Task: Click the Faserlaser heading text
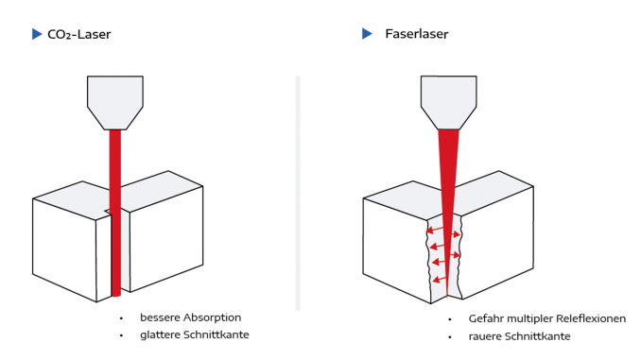click(x=416, y=35)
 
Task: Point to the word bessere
click(x=158, y=317)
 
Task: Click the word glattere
click(x=159, y=335)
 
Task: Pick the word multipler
click(x=535, y=318)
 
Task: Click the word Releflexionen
click(x=594, y=318)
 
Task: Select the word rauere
click(x=485, y=336)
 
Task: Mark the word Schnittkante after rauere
click(x=537, y=336)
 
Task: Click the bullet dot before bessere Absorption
click(x=121, y=318)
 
